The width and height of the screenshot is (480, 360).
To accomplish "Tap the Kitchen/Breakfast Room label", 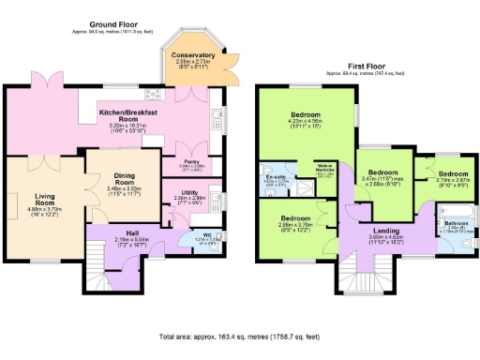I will click(x=138, y=114).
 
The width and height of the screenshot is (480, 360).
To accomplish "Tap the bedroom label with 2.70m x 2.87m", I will click(x=453, y=174).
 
